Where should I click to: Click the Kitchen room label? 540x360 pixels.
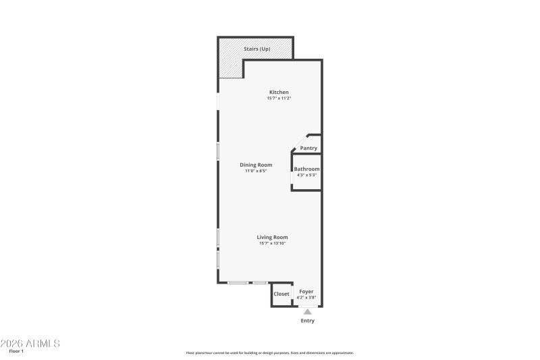279,93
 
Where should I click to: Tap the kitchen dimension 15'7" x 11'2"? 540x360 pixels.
279,99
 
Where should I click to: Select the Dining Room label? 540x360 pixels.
256,165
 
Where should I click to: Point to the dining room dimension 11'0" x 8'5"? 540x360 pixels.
256,171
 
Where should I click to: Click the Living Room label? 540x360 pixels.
272,237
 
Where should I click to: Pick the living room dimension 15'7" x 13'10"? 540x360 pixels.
272,243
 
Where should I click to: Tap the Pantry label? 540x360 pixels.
308,148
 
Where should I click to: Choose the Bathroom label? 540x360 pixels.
306,169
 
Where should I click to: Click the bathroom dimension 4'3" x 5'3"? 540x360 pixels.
306,175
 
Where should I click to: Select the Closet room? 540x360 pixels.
281,294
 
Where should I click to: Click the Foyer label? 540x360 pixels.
306,291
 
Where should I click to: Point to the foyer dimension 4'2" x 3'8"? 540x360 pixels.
306,297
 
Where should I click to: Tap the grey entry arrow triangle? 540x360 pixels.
307,311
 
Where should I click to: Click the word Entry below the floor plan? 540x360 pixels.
307,321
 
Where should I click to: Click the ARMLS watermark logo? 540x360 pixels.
30,344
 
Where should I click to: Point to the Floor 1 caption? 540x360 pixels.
17,351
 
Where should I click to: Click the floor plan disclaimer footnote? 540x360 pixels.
269,353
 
